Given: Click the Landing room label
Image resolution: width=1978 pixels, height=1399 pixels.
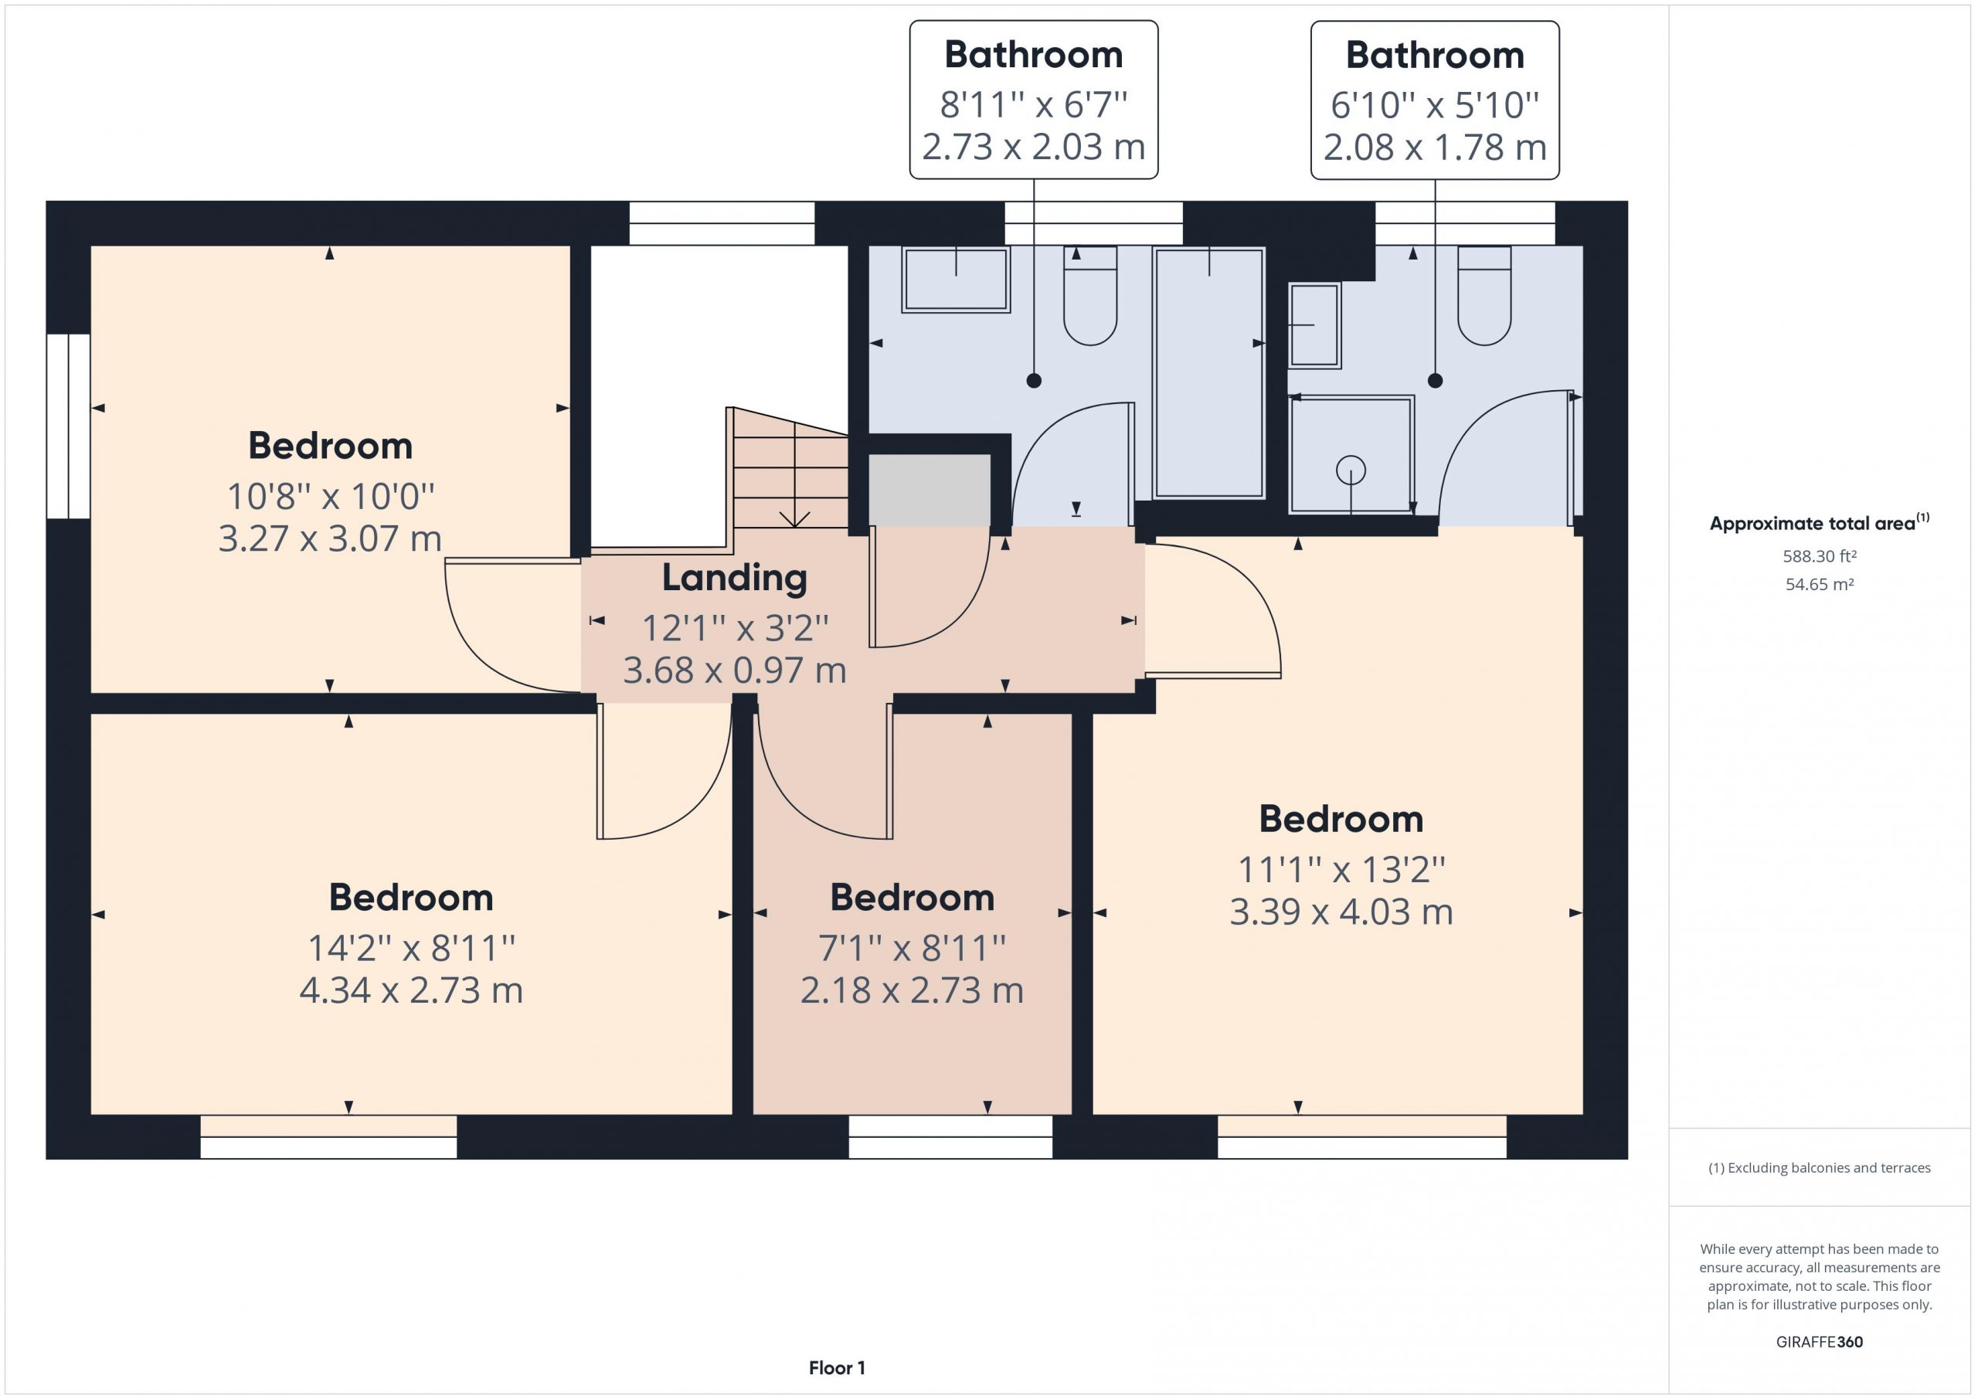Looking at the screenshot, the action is tap(734, 578).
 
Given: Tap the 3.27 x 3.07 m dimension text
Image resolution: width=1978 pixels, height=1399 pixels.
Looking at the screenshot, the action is tap(330, 538).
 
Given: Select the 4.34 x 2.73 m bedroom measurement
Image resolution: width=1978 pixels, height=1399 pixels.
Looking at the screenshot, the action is tap(411, 990).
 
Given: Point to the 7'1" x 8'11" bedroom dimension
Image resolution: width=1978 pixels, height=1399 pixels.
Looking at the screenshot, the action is tap(912, 949).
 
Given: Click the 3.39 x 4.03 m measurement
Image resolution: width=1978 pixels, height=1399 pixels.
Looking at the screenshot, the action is tap(1341, 912).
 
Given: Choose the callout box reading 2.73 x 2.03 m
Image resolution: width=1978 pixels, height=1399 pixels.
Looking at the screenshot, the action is tap(1034, 100).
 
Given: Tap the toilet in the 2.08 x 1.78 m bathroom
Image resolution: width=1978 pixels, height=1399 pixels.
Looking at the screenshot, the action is tap(1483, 295).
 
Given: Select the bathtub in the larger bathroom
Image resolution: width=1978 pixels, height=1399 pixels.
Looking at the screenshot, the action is tap(1209, 373).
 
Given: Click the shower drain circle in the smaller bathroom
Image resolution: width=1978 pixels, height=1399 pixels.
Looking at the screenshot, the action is tap(1351, 470).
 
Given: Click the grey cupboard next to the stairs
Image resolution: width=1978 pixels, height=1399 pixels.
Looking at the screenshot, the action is tap(929, 491).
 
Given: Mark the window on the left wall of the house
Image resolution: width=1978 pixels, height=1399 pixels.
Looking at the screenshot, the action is tap(68, 426).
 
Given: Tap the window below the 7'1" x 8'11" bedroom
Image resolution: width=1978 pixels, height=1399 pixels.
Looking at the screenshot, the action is tap(950, 1136).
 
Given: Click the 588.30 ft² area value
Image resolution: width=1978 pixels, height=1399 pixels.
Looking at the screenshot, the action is tap(1820, 556).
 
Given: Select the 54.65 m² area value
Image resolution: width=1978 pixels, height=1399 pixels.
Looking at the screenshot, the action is tap(1820, 584).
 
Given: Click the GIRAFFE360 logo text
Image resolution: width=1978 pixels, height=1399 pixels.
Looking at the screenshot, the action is tap(1820, 1342).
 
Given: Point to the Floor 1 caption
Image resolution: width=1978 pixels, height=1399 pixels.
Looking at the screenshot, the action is tap(837, 1368).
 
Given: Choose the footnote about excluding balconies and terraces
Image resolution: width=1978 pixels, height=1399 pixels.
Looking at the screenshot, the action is tap(1820, 1168).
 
